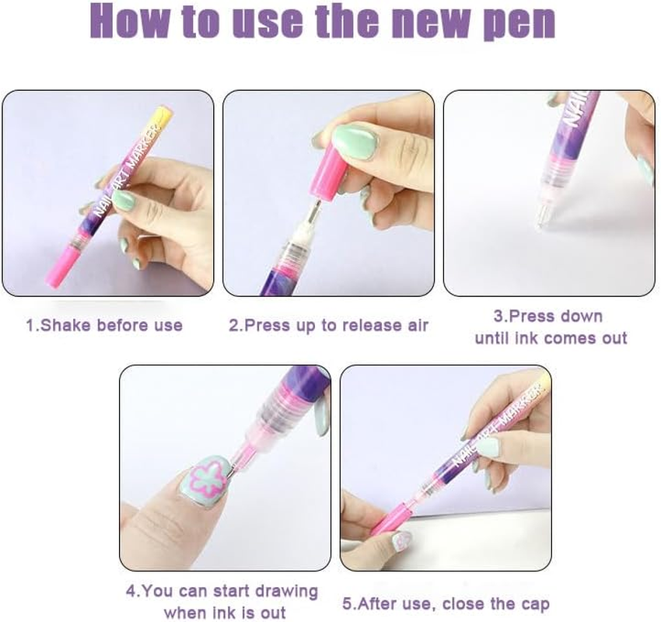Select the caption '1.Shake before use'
pyautogui.click(x=104, y=325)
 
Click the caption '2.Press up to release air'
pyautogui.click(x=328, y=325)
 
